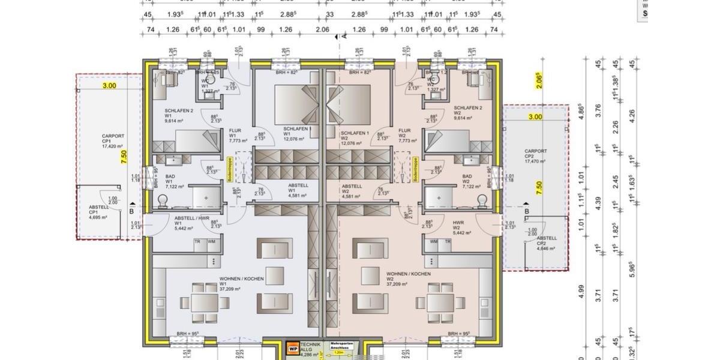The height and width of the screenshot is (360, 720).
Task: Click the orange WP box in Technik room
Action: pyautogui.click(x=293, y=347)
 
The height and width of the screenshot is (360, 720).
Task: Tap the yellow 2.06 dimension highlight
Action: pyautogui.click(x=538, y=78)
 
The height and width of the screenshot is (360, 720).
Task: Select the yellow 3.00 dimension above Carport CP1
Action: pyautogui.click(x=109, y=86)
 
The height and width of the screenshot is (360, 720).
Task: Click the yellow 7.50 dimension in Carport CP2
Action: pyautogui.click(x=539, y=188)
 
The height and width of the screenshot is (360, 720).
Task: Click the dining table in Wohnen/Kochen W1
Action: pyautogui.click(x=197, y=302)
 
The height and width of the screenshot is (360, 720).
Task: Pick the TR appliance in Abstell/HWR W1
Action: pyautogui.click(x=196, y=242)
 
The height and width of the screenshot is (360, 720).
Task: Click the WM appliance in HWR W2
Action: pyautogui.click(x=433, y=242)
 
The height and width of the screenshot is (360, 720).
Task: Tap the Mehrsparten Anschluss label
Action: pyautogui.click(x=340, y=345)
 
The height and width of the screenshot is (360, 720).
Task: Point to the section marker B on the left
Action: pyautogui.click(x=131, y=212)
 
